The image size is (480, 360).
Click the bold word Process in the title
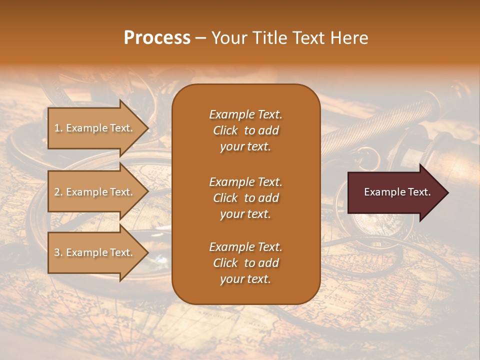pos(157,37)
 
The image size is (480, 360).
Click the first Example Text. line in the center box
pos(245,114)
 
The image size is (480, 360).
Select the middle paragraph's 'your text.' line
pos(245,214)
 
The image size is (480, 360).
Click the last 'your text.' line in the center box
pos(245,279)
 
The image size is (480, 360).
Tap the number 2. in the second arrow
pos(58,192)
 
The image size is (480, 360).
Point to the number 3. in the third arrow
pos(58,252)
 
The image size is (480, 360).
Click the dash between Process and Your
pos(201,38)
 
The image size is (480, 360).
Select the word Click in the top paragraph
pos(225,130)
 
